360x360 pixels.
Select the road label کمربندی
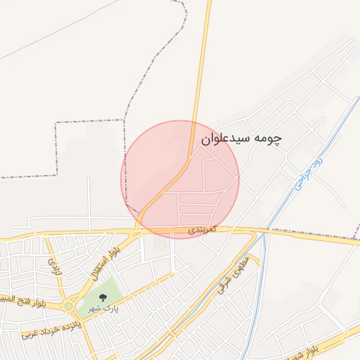click(203, 230)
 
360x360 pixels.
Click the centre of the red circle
click(180, 179)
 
